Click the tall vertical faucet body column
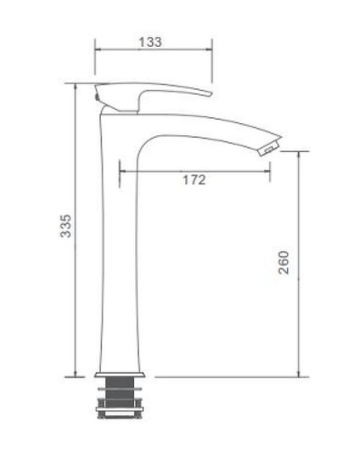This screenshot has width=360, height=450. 114,252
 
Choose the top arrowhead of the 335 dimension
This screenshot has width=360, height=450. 76,87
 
